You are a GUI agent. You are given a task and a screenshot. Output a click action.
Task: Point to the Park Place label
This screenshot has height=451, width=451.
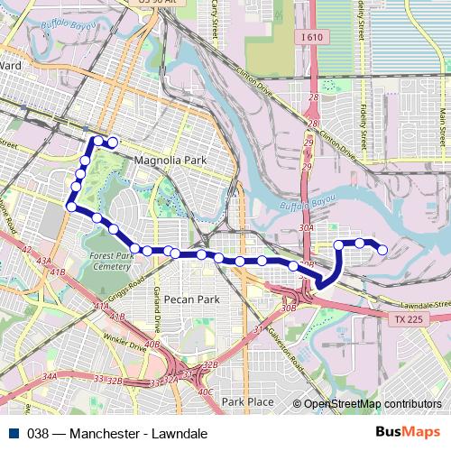[x=248, y=401]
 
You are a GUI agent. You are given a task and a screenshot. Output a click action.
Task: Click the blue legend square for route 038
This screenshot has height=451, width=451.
[x=14, y=433]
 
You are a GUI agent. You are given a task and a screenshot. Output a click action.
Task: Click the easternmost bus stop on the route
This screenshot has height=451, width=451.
[x=382, y=250]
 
